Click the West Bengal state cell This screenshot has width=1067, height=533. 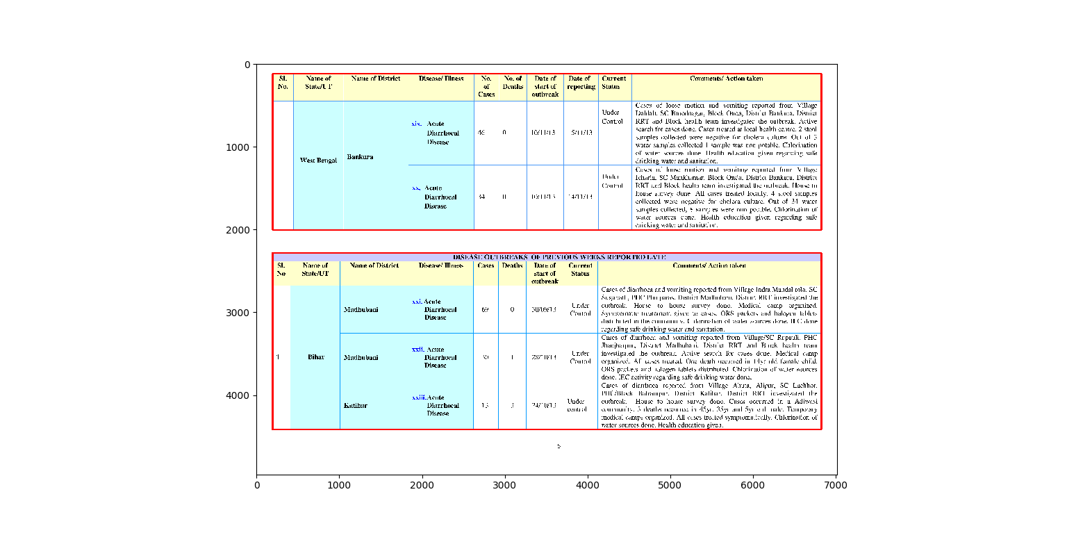(x=318, y=161)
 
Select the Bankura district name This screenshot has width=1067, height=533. (x=360, y=157)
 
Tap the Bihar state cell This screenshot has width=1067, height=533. (x=315, y=357)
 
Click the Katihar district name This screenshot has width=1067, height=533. (x=355, y=405)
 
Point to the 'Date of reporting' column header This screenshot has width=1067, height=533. (x=580, y=83)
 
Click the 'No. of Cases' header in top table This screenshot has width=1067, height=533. (x=486, y=86)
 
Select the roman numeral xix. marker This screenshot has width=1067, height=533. (x=417, y=124)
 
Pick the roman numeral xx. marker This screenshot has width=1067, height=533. (x=416, y=188)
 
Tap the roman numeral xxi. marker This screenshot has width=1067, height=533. (x=417, y=302)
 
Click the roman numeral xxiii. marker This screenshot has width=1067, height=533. (x=418, y=397)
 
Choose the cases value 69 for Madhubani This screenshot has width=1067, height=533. (x=485, y=309)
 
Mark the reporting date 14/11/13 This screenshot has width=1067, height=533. (x=580, y=197)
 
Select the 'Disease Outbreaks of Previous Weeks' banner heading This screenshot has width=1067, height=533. (x=559, y=257)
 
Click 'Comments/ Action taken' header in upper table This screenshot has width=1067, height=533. (x=726, y=79)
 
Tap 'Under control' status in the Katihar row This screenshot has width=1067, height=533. (x=577, y=405)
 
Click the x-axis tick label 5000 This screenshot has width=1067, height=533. (x=670, y=484)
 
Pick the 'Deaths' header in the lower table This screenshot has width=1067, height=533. (x=512, y=265)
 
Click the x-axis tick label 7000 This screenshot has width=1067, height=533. (x=835, y=484)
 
